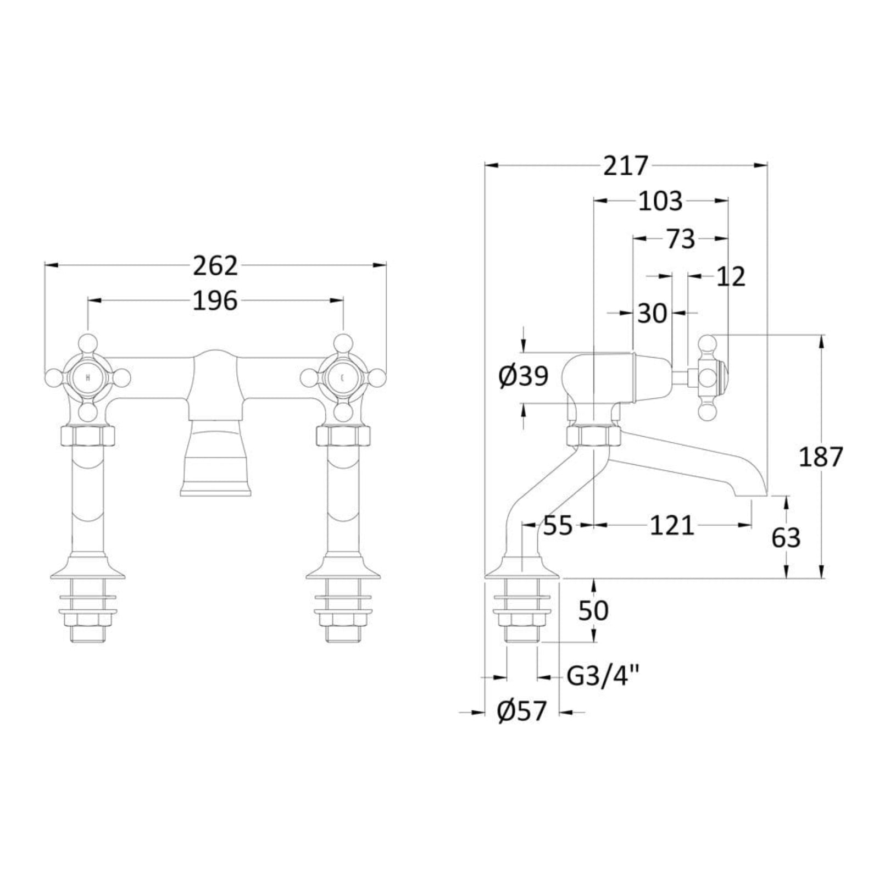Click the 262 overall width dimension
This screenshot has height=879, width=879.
[x=215, y=266]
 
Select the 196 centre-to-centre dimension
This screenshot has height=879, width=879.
[x=215, y=301]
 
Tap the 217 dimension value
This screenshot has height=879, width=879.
[x=626, y=165]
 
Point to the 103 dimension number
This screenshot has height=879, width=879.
[x=660, y=202]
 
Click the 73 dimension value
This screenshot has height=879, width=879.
[x=681, y=239]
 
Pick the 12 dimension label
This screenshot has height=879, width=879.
[x=731, y=276]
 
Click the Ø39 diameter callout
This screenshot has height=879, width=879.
[x=524, y=377]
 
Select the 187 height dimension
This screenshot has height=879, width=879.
[x=821, y=457]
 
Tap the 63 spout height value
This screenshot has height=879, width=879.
[x=786, y=538]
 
